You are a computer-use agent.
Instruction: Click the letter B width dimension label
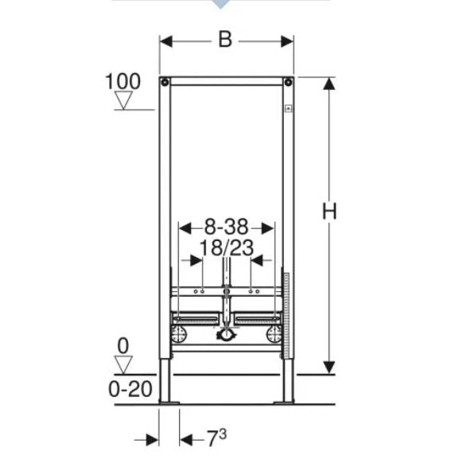[x=225, y=40]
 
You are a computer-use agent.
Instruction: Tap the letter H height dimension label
[x=329, y=211]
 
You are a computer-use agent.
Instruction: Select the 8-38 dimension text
[x=228, y=228]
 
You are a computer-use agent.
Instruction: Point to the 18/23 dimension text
[x=227, y=247]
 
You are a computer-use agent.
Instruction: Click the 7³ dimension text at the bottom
[x=217, y=438]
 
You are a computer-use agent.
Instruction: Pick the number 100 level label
[x=123, y=81]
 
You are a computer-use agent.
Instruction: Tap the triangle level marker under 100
[x=123, y=100]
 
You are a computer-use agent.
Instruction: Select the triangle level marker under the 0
[x=123, y=364]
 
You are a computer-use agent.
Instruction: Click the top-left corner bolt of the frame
[x=164, y=82]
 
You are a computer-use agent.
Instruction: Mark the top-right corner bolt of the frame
[x=289, y=82]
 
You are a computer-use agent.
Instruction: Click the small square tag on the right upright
[x=288, y=107]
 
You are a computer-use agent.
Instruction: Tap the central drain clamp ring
[x=227, y=335]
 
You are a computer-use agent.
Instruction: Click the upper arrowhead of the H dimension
[x=329, y=85]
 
